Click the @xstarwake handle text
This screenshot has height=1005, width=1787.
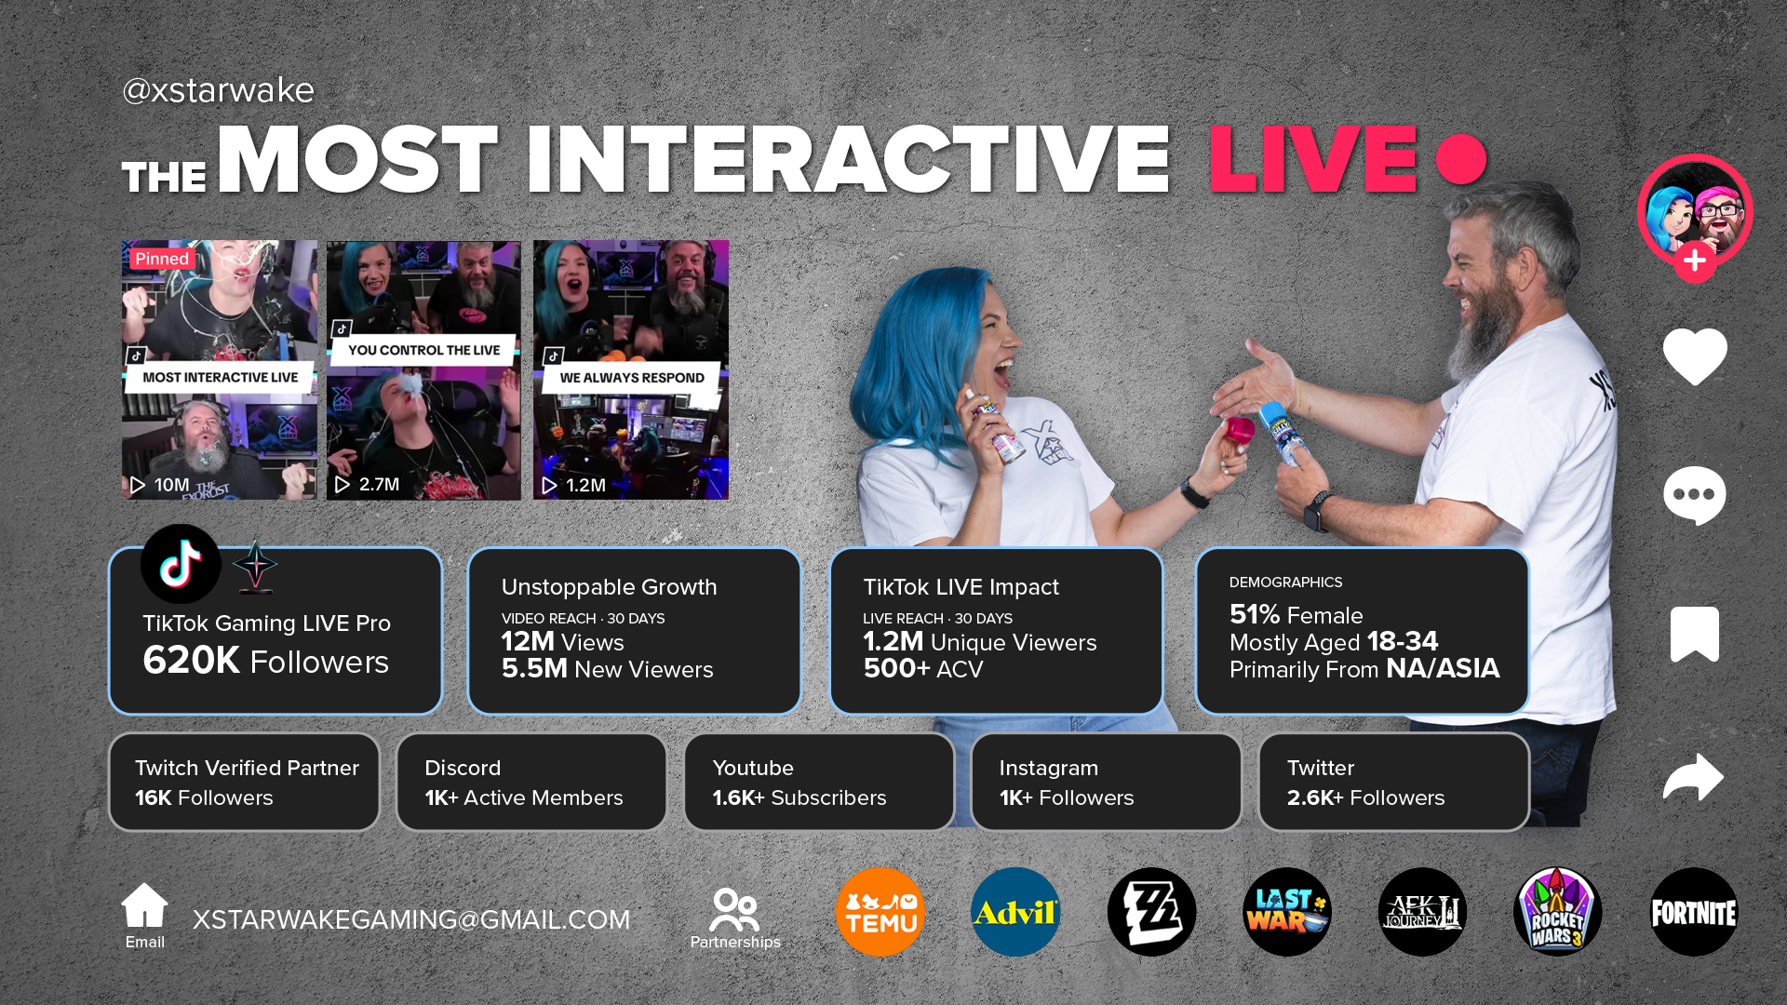218,90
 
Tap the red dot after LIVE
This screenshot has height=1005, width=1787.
1461,159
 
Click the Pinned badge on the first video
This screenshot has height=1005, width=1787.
162,259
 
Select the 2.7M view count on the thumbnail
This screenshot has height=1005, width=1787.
379,484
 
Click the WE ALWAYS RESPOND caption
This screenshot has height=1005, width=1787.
632,377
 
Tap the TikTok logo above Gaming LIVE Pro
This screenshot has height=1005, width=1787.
181,564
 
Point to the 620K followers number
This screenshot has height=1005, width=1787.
192,660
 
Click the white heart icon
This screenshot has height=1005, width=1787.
1695,355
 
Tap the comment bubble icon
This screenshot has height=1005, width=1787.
1695,495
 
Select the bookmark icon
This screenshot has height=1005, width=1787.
1695,634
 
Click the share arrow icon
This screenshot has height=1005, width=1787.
1694,776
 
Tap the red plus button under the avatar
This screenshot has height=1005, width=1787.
1695,261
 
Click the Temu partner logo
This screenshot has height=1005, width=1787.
880,912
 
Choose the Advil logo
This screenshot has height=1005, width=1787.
1015,912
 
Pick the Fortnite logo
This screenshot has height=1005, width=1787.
1694,912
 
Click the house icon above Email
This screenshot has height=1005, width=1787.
144,904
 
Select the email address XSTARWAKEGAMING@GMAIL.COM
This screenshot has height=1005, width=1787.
411,919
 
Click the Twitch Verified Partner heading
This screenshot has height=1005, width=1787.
247,768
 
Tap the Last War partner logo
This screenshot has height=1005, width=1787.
1287,912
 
